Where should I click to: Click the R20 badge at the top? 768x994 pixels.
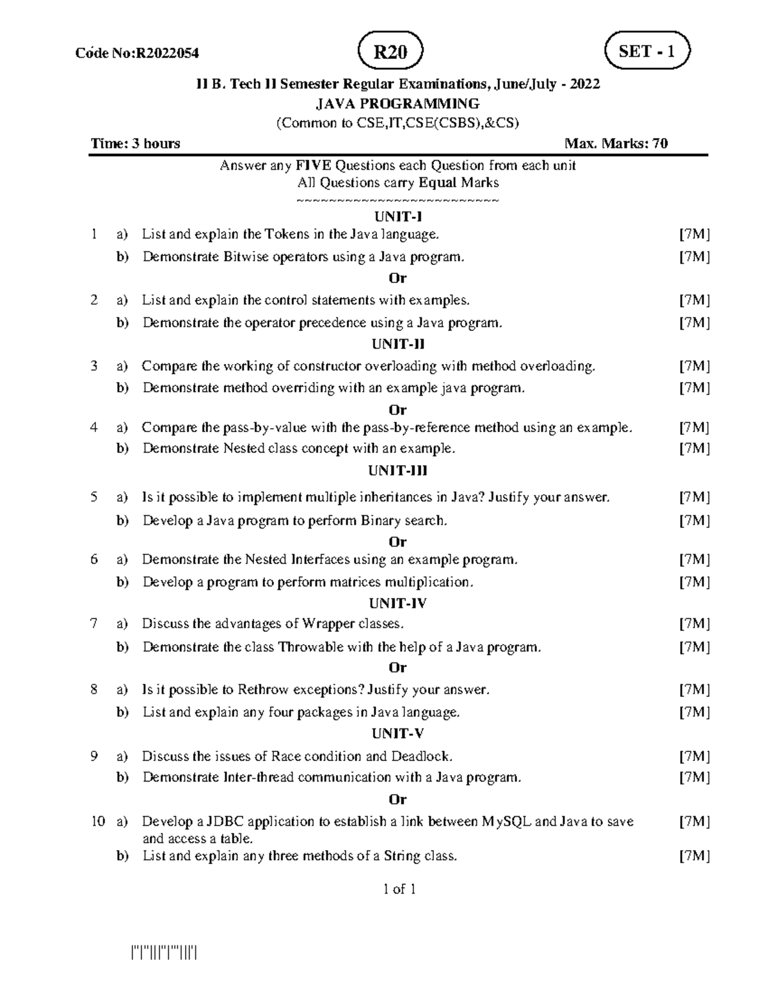point(390,52)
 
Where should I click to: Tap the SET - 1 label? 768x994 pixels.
point(647,51)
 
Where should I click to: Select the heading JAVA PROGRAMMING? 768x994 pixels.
point(397,104)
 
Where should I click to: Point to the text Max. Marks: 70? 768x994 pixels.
point(616,143)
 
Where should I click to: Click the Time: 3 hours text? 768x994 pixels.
point(136,143)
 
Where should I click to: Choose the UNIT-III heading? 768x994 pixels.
point(397,471)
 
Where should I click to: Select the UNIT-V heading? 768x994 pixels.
point(397,733)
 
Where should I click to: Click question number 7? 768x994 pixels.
point(94,623)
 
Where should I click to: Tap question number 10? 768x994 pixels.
point(97,821)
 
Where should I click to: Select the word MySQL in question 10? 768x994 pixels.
point(506,821)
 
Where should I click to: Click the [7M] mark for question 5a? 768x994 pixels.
point(694,497)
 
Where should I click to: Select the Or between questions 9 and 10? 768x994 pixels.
point(397,799)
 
